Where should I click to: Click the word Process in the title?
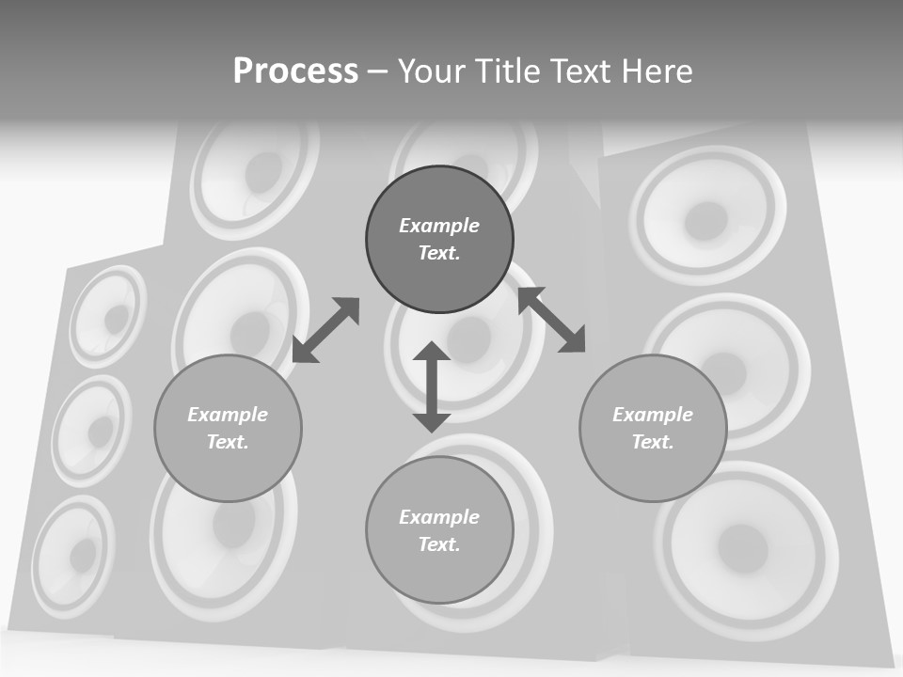tap(295, 71)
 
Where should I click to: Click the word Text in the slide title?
tap(578, 71)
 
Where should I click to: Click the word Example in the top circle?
tap(439, 226)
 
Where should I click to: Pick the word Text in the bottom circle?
tap(439, 544)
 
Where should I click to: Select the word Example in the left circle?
tap(228, 415)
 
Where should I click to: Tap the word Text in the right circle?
tap(653, 442)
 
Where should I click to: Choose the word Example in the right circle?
tap(653, 415)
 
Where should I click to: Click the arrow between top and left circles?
tap(325, 330)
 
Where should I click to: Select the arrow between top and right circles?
tap(552, 320)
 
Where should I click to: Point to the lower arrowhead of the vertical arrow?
tap(432, 419)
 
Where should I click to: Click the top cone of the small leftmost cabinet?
tap(109, 316)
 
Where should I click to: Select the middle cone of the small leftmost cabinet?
tap(93, 430)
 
